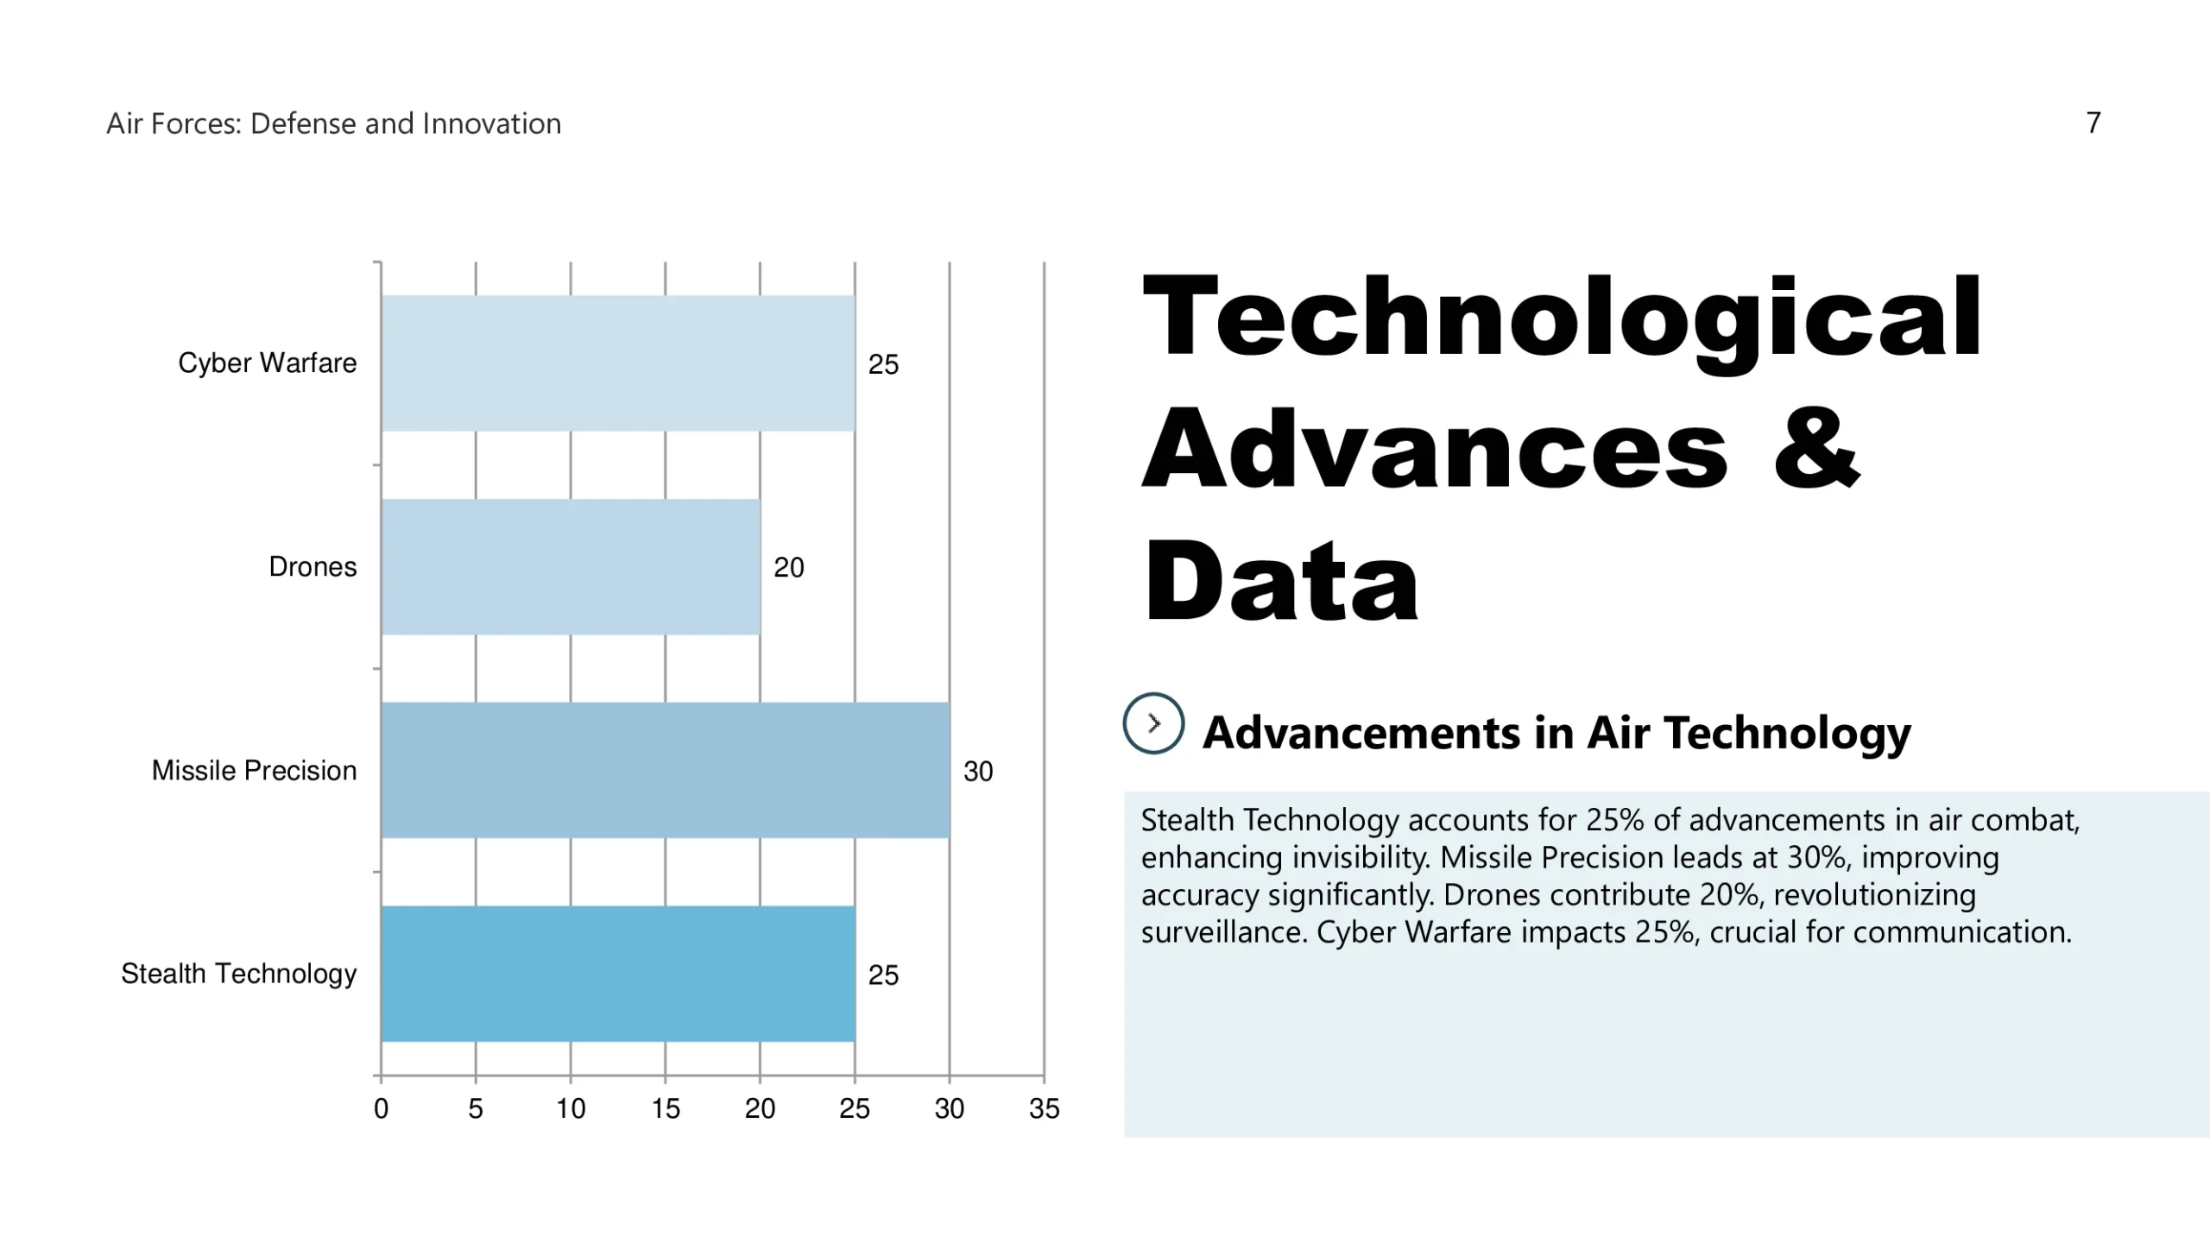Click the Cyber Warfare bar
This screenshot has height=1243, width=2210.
617,363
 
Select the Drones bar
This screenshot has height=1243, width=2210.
570,567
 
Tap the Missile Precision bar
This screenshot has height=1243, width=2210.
665,770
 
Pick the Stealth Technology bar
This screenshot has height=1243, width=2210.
617,974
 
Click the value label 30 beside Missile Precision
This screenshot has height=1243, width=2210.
978,771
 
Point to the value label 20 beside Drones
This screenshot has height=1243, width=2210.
788,567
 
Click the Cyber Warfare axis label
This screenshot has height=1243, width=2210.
267,363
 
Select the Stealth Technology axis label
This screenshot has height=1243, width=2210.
238,974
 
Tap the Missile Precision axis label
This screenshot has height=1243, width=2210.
254,770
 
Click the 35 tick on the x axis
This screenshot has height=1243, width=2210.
1044,1108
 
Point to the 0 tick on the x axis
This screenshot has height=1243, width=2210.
381,1108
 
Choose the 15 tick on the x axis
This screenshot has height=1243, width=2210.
666,1108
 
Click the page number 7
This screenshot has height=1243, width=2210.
2093,123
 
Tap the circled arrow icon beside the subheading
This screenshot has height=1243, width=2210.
1153,723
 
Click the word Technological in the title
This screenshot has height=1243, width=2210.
1561,318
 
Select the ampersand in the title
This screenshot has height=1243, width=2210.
1816,449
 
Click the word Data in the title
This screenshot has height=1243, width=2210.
1281,580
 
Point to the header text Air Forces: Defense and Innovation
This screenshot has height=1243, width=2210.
333,123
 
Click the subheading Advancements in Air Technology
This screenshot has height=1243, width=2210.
1556,732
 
